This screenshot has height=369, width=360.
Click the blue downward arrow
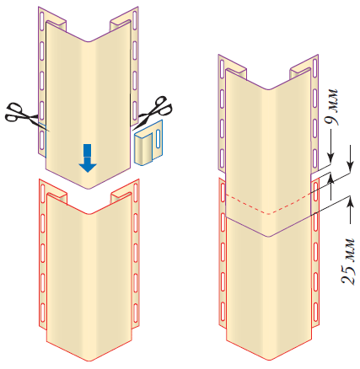point(88,158)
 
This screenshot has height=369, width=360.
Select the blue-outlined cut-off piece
point(148,142)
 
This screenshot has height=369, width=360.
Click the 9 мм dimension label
point(330,107)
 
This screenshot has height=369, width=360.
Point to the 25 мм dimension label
point(347,261)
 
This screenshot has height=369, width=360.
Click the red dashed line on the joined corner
point(268,204)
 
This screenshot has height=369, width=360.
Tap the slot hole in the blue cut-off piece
point(158,139)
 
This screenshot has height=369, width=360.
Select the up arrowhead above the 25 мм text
point(350,201)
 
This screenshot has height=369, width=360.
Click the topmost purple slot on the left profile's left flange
point(42,19)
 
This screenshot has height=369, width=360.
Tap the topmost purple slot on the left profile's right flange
point(135,19)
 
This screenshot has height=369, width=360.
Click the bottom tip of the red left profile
point(89,361)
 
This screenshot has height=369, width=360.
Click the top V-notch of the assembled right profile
point(268,89)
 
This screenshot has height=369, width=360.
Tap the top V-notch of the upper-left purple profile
point(90,41)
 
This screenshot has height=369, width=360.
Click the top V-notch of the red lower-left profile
point(89,214)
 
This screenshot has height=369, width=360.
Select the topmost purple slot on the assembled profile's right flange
point(315,67)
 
